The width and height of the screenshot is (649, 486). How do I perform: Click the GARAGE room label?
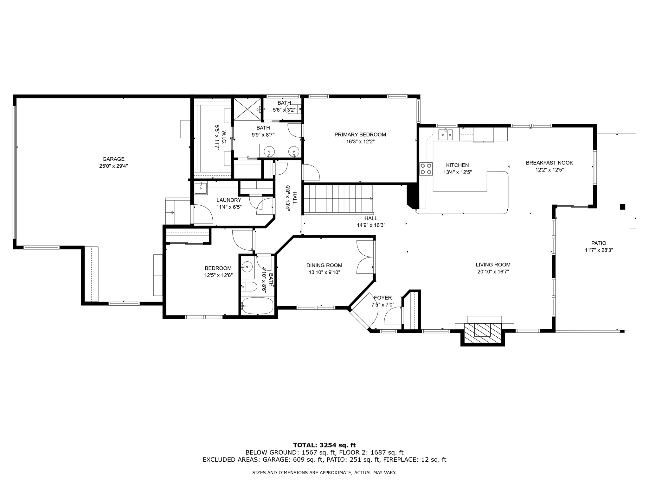point(113,159)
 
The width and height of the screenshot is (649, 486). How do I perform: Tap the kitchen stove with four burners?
point(426,169)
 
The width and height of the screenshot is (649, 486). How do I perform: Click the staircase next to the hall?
point(338,199)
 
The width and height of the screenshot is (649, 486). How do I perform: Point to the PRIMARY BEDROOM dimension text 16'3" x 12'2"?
point(360,142)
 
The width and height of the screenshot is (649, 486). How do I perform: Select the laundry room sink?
point(200,188)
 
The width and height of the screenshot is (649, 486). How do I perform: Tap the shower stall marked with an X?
point(247,109)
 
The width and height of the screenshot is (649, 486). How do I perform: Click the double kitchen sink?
point(445,134)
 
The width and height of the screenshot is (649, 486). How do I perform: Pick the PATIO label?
point(599,243)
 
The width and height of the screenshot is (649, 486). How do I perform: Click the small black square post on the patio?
point(622,207)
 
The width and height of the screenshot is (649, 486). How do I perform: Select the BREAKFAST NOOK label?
point(549,163)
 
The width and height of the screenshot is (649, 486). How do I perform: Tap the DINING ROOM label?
point(324,265)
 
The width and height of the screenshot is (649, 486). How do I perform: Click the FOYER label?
point(383,298)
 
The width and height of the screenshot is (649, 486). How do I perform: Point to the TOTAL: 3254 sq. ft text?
point(324,445)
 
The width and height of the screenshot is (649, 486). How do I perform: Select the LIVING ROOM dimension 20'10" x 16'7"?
point(493,271)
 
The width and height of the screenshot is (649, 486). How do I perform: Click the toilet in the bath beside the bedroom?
point(249,287)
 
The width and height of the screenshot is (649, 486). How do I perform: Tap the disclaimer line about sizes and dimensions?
point(324,473)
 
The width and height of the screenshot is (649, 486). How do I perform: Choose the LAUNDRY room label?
point(229,200)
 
